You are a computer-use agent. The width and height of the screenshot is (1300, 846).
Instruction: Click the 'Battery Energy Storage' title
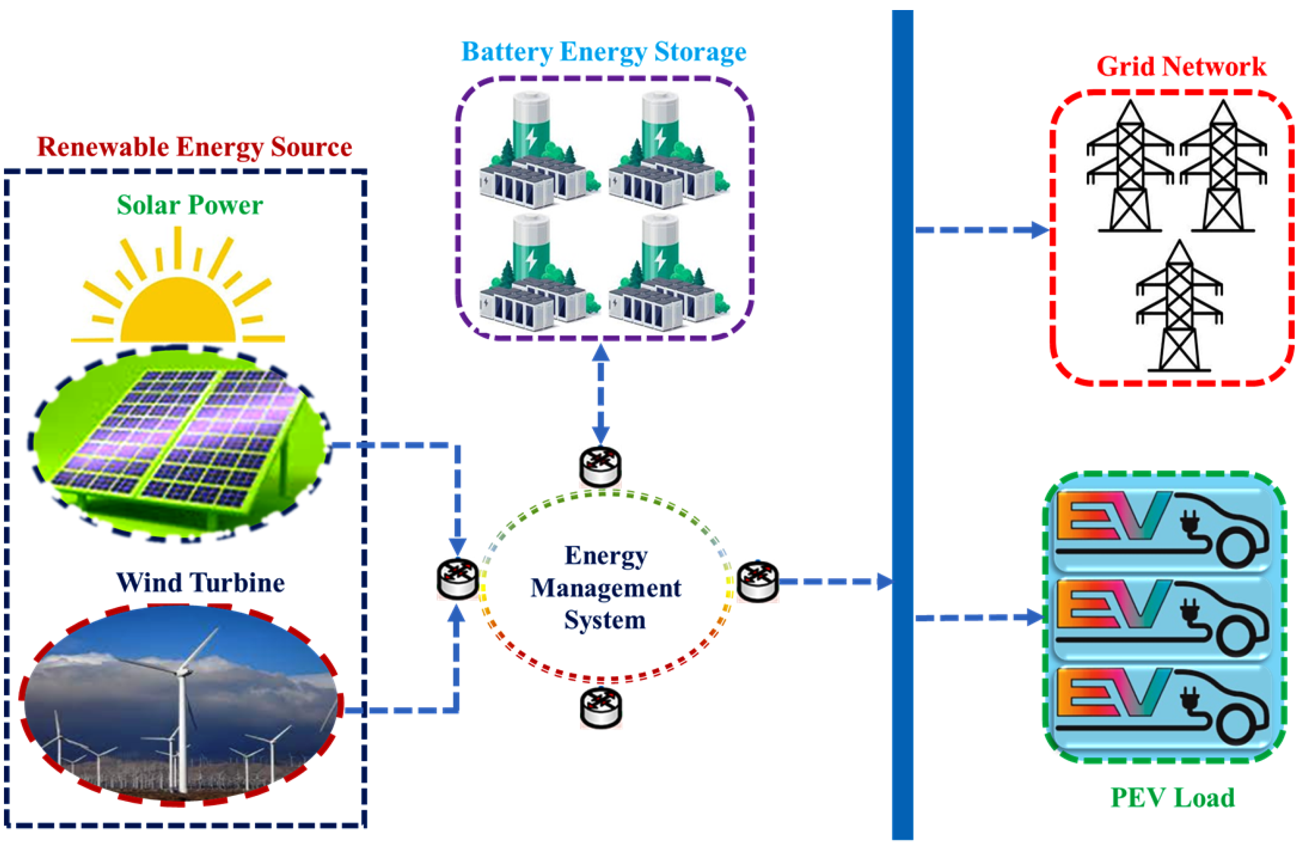pos(604,52)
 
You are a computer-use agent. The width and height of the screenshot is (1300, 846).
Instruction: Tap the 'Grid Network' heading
pos(1181,67)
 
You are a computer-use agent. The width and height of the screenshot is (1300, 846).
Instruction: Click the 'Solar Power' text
pos(189,206)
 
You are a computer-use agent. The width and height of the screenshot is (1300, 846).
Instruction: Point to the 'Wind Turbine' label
pos(200,583)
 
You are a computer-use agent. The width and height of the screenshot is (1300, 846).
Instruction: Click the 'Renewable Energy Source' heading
pos(194,147)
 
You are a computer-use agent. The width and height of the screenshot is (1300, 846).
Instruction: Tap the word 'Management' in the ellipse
pos(606,588)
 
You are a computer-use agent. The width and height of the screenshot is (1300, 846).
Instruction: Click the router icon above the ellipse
pos(600,467)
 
